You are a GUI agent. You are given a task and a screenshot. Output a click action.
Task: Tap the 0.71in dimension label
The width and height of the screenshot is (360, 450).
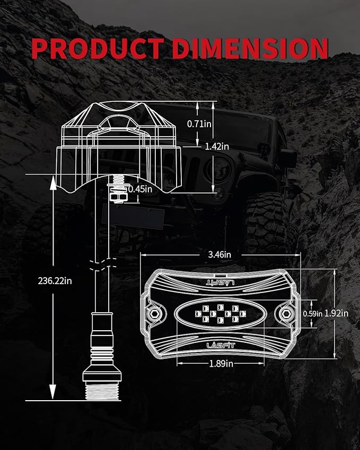click(x=199, y=124)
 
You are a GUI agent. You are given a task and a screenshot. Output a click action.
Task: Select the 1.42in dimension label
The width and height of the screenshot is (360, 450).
click(x=217, y=147)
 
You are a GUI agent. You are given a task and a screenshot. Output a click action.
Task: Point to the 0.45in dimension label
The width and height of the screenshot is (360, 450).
click(x=140, y=189)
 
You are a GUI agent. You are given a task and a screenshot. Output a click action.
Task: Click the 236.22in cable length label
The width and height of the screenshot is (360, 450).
click(x=55, y=281)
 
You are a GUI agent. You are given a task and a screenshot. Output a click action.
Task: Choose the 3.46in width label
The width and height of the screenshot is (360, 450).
click(x=219, y=254)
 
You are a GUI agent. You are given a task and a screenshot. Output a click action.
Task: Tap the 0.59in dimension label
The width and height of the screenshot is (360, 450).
click(x=313, y=314)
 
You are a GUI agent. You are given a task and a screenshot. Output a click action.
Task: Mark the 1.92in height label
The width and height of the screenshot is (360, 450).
click(x=336, y=313)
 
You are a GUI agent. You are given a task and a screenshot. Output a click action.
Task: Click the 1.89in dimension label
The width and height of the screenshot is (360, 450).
click(x=221, y=364)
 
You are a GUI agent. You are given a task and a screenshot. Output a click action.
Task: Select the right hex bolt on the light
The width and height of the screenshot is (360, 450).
click(x=286, y=313)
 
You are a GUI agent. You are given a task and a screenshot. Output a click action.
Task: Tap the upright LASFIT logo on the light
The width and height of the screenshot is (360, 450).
click(x=221, y=345)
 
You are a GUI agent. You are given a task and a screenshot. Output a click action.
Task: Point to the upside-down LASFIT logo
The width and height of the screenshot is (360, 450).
click(x=220, y=283)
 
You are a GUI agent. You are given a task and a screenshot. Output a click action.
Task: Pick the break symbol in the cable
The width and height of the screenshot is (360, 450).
click(x=102, y=264)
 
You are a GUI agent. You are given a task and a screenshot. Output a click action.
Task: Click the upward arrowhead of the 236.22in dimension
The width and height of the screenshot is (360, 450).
click(x=53, y=183)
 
